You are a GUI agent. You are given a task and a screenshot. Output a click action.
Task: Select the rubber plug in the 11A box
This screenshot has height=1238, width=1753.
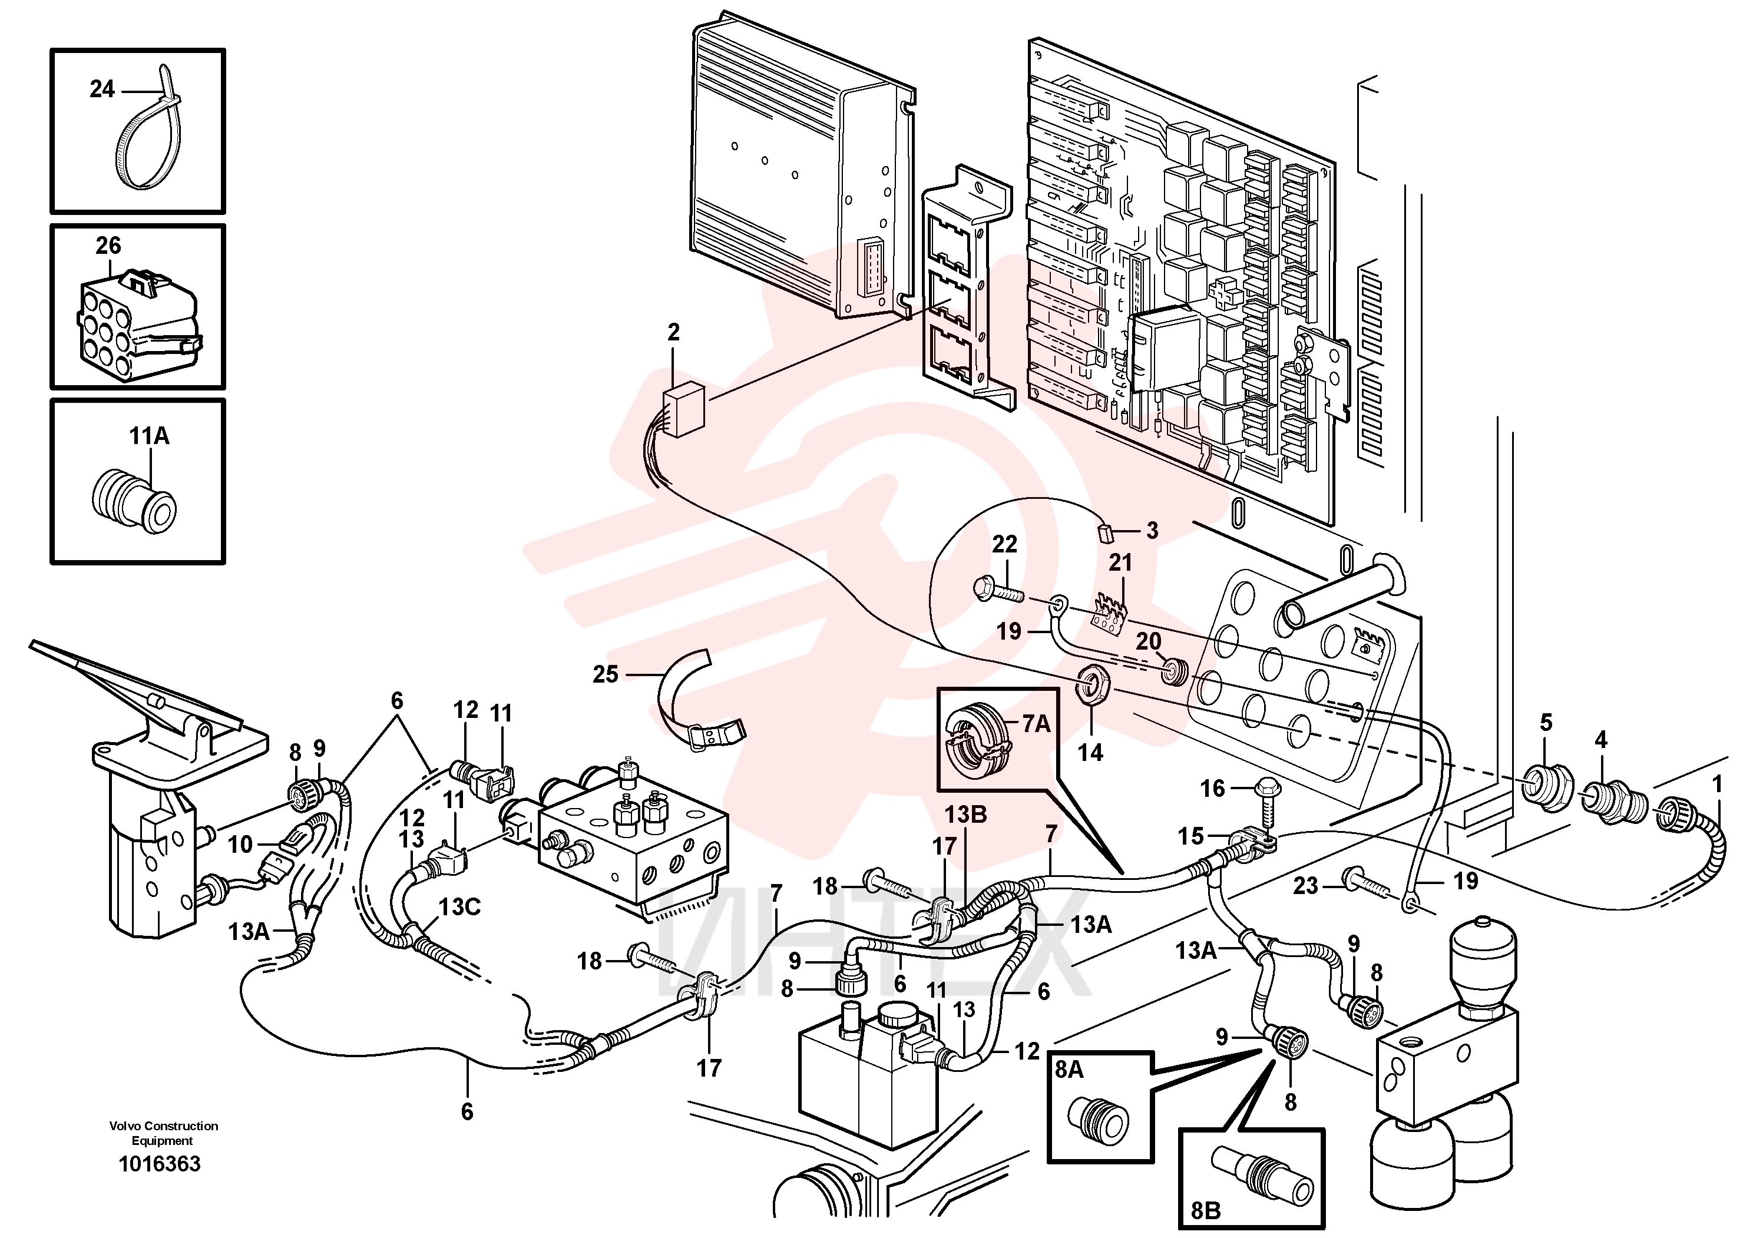pyautogui.click(x=134, y=503)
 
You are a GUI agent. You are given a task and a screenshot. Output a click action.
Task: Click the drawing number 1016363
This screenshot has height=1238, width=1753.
pyautogui.click(x=160, y=1163)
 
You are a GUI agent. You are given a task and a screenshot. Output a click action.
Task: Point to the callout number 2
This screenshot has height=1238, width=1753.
pyautogui.click(x=673, y=332)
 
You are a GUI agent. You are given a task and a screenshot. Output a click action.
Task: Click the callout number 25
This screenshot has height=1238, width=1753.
pyautogui.click(x=606, y=674)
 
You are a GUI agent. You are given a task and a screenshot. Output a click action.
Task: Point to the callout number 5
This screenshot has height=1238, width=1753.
pyautogui.click(x=1546, y=721)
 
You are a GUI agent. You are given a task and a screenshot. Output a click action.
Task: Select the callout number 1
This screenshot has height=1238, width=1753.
pyautogui.click(x=1717, y=784)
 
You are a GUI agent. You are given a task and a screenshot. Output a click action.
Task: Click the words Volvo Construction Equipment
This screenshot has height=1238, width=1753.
pyautogui.click(x=163, y=1133)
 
